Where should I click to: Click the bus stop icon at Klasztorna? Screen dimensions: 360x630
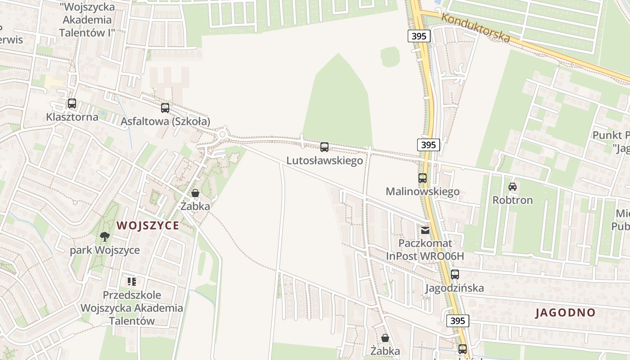72,103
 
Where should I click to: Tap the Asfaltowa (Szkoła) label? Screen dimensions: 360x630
165,121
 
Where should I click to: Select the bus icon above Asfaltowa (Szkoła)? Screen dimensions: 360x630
165,108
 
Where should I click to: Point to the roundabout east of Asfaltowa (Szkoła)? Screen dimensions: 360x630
222,135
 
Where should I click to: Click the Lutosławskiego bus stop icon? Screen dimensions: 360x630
324,147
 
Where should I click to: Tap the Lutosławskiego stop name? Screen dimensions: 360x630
324,161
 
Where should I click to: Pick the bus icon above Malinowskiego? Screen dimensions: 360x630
422,178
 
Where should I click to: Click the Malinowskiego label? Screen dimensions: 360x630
423,192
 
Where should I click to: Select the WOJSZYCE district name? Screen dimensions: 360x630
148,225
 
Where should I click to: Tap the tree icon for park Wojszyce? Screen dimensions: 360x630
105,236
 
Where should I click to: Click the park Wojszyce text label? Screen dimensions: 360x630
105,250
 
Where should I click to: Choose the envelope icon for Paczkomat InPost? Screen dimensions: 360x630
425,230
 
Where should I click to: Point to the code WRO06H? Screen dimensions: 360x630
443,256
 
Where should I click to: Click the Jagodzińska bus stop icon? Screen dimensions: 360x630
454,274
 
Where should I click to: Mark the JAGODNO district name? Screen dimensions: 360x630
565,313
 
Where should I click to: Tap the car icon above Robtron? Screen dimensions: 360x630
512,186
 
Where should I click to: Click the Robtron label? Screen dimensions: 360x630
513,200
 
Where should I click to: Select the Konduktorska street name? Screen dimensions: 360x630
476,28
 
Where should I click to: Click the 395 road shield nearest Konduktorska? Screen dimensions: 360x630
419,36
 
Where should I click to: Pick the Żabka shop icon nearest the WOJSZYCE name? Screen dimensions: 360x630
195,193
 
